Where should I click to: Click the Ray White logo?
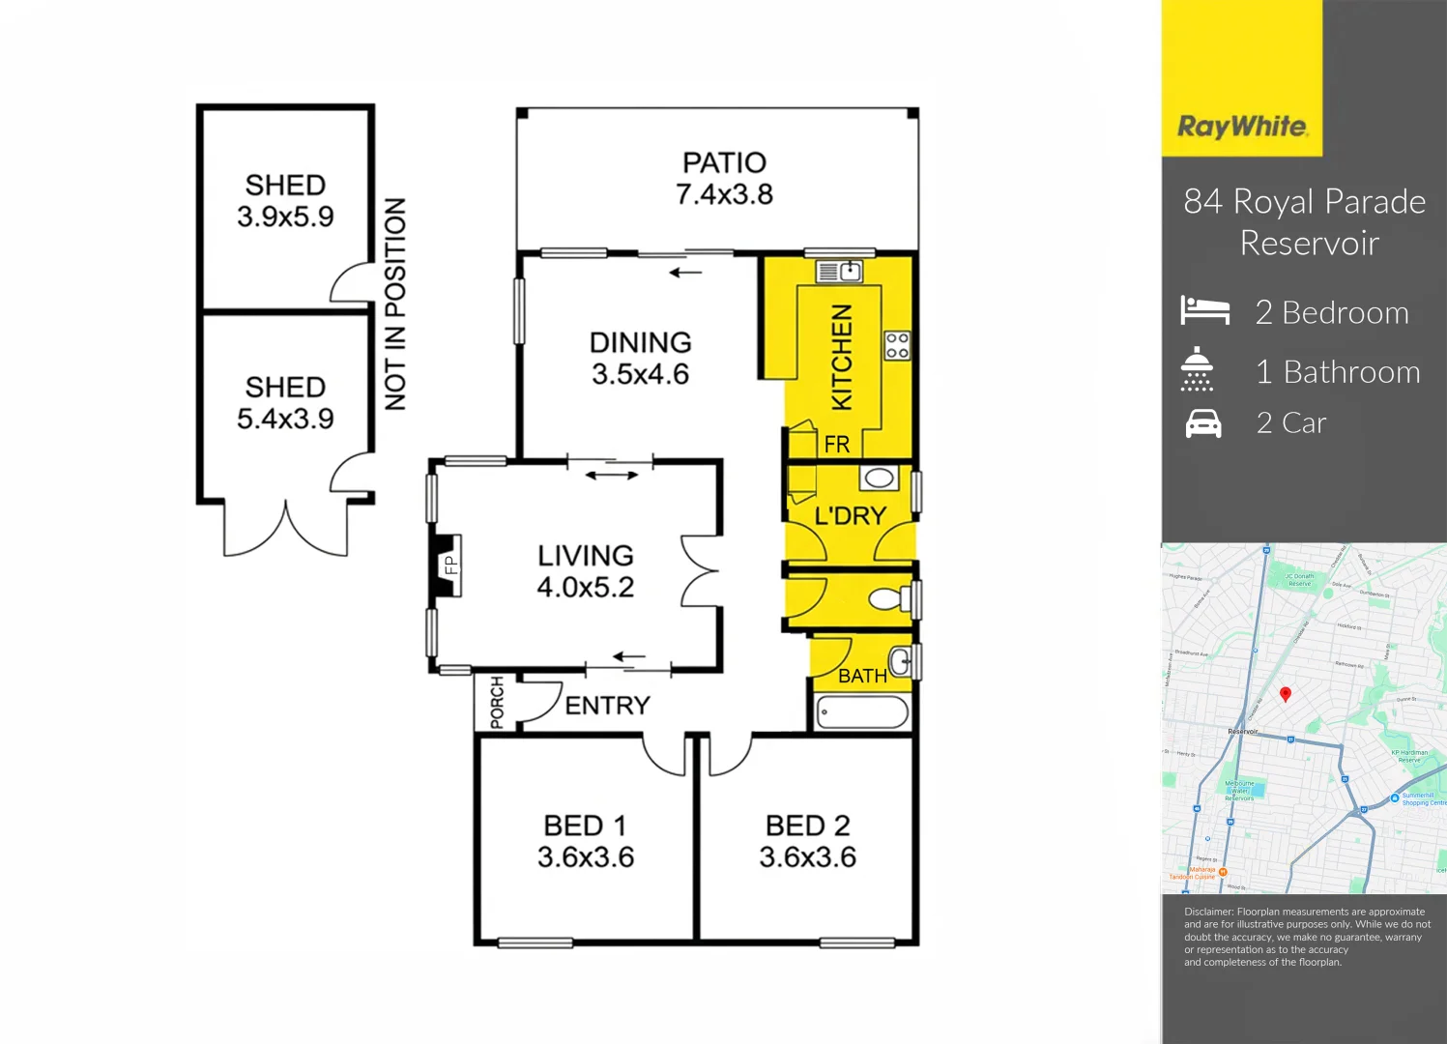1242,127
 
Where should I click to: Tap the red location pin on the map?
1286,694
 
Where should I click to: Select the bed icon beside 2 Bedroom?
1204,311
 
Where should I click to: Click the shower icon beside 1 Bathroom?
1197,369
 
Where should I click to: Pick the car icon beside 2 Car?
1203,423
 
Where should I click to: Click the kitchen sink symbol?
839,272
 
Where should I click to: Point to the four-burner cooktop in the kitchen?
897,345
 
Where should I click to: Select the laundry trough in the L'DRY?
879,478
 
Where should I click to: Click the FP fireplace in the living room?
448,564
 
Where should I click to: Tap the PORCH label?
497,703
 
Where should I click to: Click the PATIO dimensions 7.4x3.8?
724,194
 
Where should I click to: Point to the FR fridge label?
836,444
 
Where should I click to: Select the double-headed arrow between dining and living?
612,475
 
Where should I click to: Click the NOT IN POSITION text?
395,304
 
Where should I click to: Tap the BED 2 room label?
807,826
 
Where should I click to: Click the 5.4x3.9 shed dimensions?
285,419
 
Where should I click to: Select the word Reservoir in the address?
1309,243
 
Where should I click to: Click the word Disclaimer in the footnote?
1208,912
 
